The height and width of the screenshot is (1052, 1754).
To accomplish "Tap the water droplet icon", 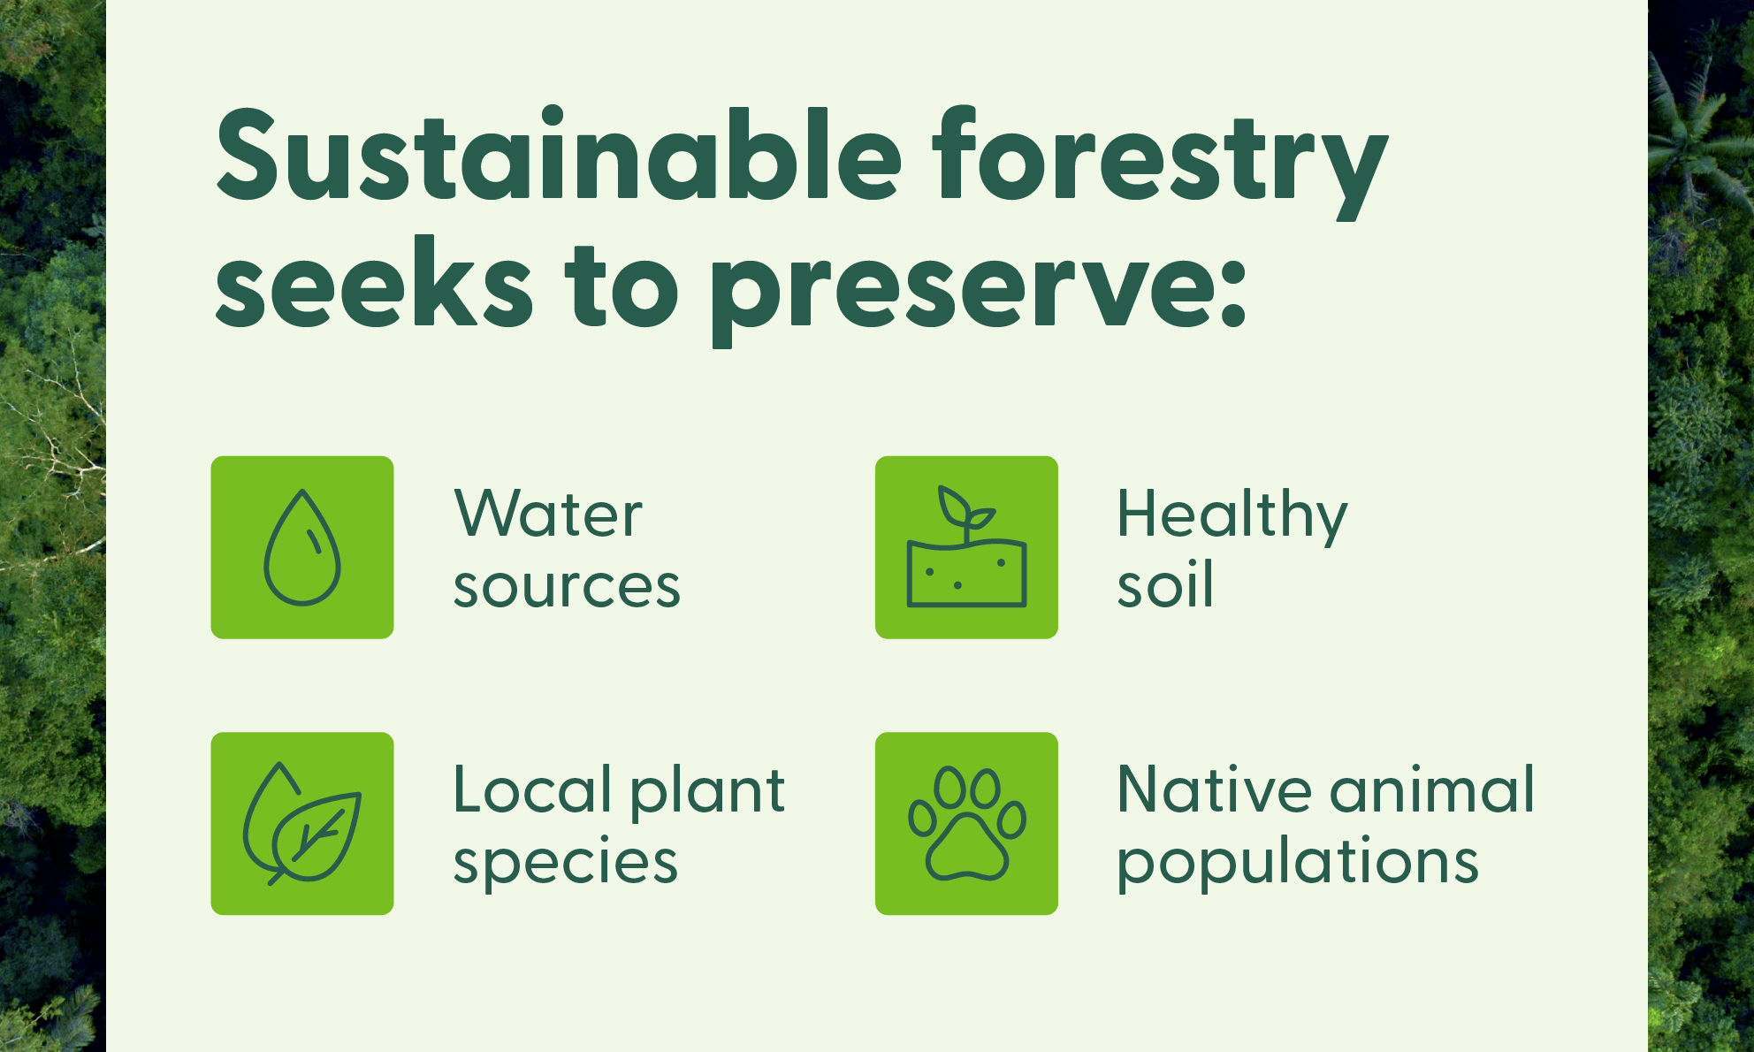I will [x=302, y=547].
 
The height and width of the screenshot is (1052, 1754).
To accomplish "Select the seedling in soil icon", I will [x=966, y=547].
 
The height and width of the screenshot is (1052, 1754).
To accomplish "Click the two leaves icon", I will [x=302, y=823].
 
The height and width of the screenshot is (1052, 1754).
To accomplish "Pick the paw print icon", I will [x=966, y=823].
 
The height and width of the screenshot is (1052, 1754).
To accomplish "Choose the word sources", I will [x=567, y=586].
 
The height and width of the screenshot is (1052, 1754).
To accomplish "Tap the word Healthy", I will [x=1232, y=516].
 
